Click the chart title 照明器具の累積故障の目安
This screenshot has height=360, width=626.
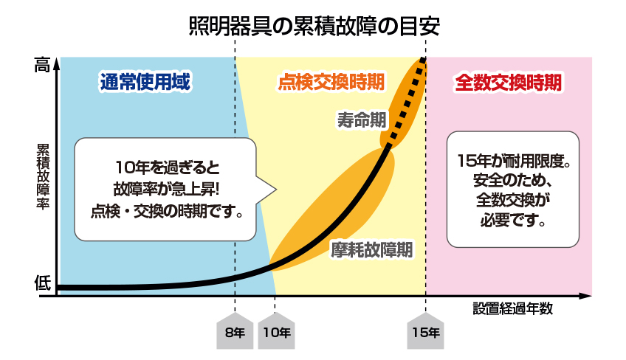point(314,27)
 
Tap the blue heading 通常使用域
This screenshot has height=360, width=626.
point(145,82)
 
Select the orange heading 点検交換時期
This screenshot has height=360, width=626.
point(331,82)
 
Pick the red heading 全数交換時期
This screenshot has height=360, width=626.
point(508,83)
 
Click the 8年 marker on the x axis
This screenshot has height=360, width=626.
point(235,332)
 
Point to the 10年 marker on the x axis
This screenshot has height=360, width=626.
point(276,332)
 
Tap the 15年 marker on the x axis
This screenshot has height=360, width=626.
point(426,332)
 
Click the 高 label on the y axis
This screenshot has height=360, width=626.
point(42,65)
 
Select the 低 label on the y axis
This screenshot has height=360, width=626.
point(42,283)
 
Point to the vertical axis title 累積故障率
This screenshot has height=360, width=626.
point(43,176)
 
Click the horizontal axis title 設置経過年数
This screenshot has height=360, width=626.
point(512,308)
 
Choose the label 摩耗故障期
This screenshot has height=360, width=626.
point(372,250)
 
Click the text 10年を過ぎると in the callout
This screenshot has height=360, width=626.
point(168,167)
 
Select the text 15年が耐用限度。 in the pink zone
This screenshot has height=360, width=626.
point(513,161)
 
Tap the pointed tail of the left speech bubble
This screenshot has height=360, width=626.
point(275,189)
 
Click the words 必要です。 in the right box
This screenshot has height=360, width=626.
point(513,220)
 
